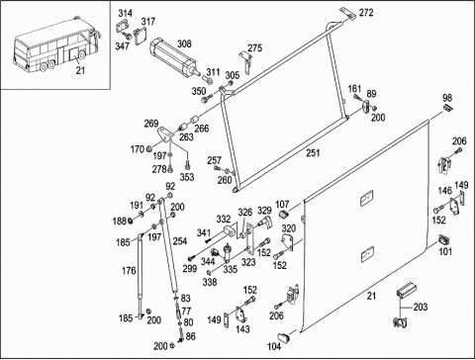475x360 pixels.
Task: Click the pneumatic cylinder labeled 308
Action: pyautogui.click(x=175, y=57)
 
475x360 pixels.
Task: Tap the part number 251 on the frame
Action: pyautogui.click(x=313, y=153)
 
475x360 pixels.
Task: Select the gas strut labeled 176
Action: pyautogui.click(x=141, y=275)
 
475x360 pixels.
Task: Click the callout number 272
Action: pyautogui.click(x=366, y=13)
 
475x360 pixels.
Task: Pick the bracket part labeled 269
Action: pyautogui.click(x=165, y=135)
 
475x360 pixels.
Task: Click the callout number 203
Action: pyautogui.click(x=421, y=307)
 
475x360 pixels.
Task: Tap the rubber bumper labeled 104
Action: pyautogui.click(x=283, y=337)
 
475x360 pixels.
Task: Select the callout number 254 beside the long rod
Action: pyautogui.click(x=180, y=241)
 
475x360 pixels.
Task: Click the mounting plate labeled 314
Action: pyautogui.click(x=122, y=26)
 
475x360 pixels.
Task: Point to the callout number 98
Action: pyautogui.click(x=447, y=98)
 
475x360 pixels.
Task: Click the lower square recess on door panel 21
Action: pyautogui.click(x=367, y=254)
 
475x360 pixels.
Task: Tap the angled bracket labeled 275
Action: pyautogui.click(x=246, y=62)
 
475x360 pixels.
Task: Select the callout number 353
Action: pyautogui.click(x=187, y=177)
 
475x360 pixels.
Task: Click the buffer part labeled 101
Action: pyautogui.click(x=444, y=239)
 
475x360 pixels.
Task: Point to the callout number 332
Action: pyautogui.click(x=224, y=220)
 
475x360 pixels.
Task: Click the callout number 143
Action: pyautogui.click(x=242, y=329)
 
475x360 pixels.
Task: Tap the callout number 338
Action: pyautogui.click(x=210, y=282)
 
